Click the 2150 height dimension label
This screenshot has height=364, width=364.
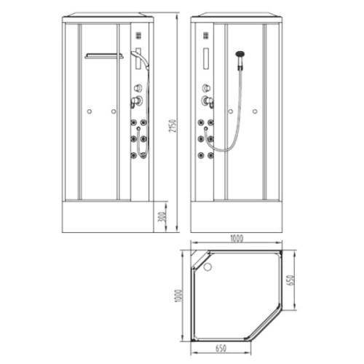click(x=173, y=126)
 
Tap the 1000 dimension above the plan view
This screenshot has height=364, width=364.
click(x=237, y=239)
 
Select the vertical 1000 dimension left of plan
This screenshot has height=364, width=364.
click(x=178, y=296)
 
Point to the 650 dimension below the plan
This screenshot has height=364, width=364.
click(x=221, y=349)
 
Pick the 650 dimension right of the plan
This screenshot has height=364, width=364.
click(x=290, y=280)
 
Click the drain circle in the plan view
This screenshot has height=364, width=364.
click(x=207, y=266)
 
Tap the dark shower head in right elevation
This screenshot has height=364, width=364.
click(x=240, y=54)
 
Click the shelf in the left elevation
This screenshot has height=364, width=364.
click(x=104, y=56)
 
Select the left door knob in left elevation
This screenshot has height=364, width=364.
click(x=90, y=111)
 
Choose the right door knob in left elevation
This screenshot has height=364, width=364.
click(x=114, y=111)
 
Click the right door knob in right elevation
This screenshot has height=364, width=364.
click(x=255, y=111)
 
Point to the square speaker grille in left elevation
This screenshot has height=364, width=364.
click(x=138, y=36)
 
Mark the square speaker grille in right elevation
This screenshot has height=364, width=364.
click(x=206, y=36)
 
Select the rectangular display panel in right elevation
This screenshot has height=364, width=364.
click(x=206, y=59)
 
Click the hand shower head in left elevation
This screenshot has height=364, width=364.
click(x=136, y=55)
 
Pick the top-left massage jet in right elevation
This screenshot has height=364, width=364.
click(x=201, y=122)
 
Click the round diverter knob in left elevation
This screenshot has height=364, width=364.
click(x=138, y=88)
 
